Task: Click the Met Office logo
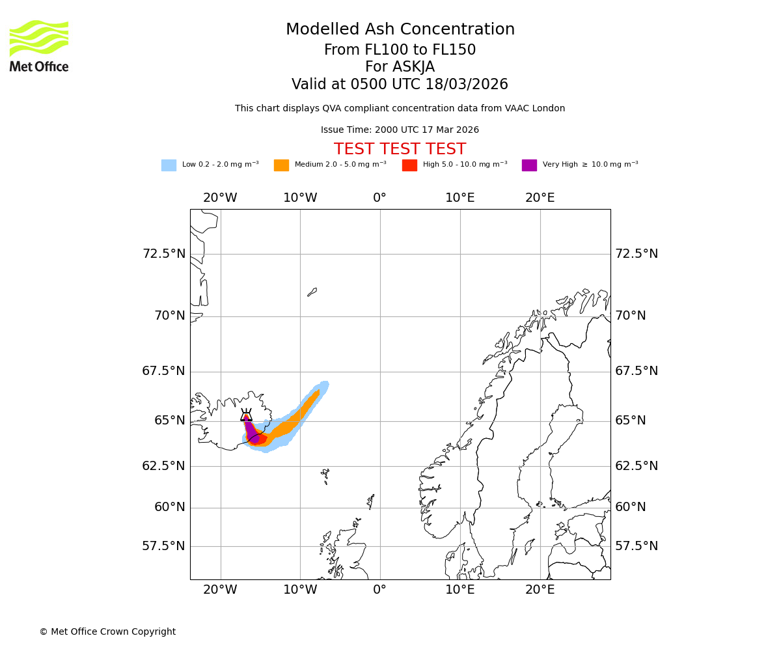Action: click(39, 46)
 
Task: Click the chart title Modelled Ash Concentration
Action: click(400, 30)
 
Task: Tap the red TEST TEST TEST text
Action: click(400, 150)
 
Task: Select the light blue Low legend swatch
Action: click(169, 165)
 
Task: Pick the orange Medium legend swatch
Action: click(281, 165)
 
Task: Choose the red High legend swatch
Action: click(409, 165)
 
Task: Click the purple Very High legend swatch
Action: click(529, 165)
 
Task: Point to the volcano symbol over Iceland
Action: click(246, 416)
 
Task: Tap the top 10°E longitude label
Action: click(459, 198)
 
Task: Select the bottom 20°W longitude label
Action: click(220, 590)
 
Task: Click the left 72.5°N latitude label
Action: click(163, 254)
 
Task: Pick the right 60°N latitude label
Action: click(630, 507)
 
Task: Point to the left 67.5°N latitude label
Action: click(163, 371)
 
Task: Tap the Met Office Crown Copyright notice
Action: click(107, 631)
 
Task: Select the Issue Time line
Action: click(400, 130)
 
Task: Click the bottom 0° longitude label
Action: click(379, 590)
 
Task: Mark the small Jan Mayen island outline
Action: click(312, 292)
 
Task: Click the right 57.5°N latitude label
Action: click(636, 546)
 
